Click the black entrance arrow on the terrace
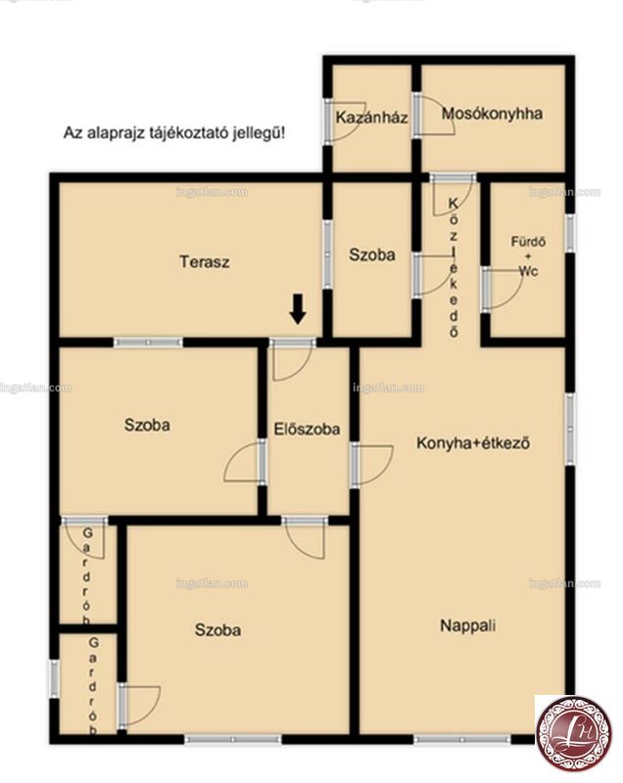click(298, 308)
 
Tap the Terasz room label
click(205, 261)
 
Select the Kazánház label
click(371, 117)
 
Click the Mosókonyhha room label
click(492, 114)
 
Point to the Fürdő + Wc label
click(528, 256)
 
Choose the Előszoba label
click(308, 429)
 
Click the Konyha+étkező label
click(473, 443)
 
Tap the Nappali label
click(468, 625)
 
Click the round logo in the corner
click(574, 733)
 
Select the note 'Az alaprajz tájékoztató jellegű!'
click(174, 133)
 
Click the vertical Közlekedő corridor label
click(454, 267)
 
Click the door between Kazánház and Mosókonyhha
click(433, 115)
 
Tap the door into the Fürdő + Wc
click(502, 290)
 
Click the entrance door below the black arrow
click(292, 359)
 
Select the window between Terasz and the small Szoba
click(327, 254)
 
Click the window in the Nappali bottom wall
click(462, 739)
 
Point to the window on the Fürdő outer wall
click(570, 233)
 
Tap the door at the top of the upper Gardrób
click(83, 537)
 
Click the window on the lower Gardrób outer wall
click(54, 678)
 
